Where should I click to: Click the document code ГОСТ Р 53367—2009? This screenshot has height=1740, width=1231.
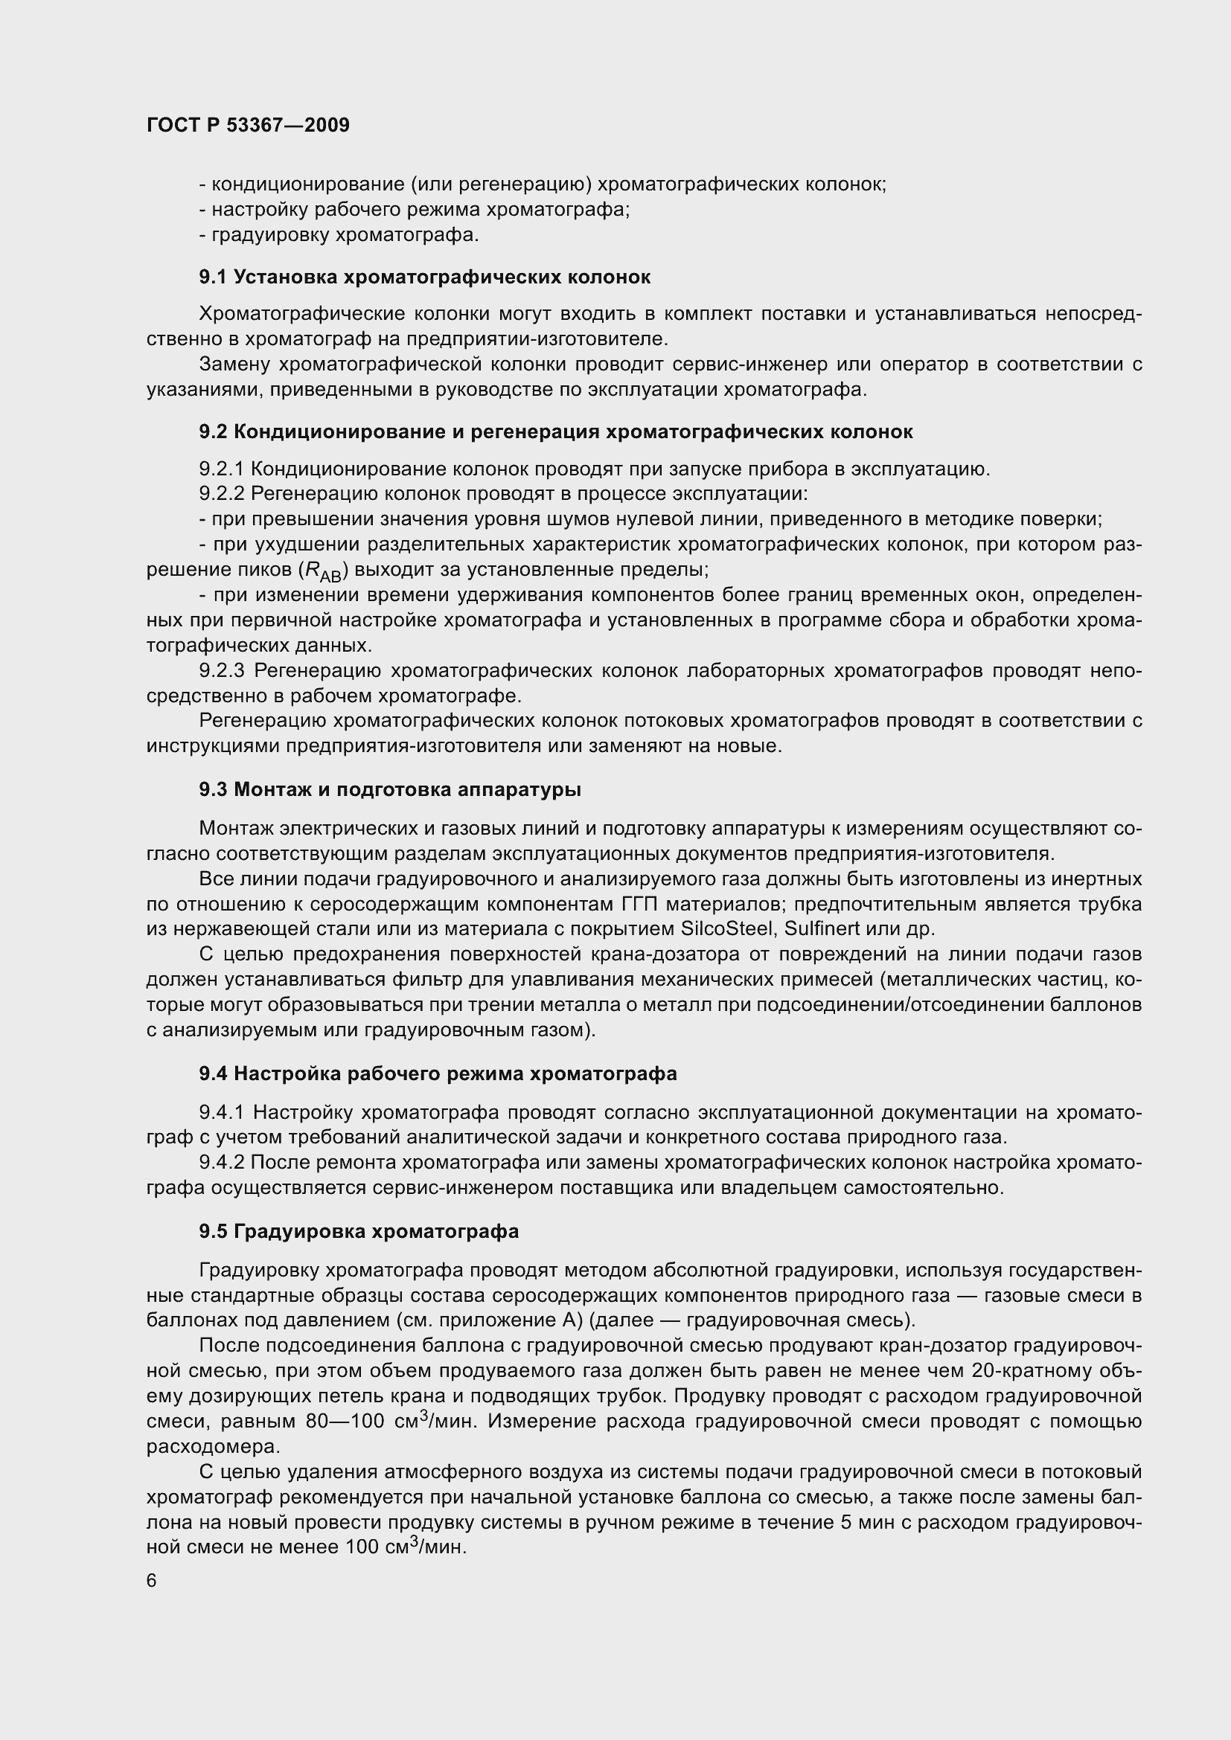click(248, 125)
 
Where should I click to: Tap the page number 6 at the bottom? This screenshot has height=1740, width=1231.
click(152, 1580)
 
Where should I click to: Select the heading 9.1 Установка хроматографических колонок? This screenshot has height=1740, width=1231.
click(424, 277)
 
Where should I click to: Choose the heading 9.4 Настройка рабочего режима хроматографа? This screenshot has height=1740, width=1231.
click(438, 1074)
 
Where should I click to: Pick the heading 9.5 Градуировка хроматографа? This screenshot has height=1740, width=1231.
click(359, 1231)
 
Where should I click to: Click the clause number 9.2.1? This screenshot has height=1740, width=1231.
click(221, 469)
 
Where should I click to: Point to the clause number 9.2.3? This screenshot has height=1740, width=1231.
click(221, 671)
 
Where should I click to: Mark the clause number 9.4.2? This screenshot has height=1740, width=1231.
click(221, 1163)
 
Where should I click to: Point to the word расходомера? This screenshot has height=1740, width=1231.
click(213, 1447)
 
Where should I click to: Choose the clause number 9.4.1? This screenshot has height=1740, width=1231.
click(221, 1112)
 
